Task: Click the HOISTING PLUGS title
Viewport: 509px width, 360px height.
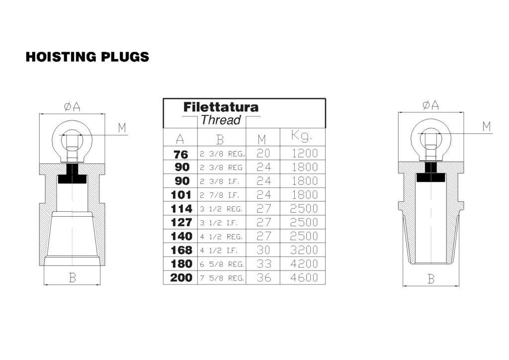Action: (x=87, y=57)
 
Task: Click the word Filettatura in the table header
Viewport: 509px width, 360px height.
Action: (x=221, y=107)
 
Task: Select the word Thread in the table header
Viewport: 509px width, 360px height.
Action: (x=221, y=120)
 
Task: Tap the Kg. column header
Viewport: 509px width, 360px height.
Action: (x=302, y=136)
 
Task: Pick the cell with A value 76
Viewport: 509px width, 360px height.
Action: (x=180, y=154)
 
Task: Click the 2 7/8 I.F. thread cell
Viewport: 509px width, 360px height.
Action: (x=221, y=195)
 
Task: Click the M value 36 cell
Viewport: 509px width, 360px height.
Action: (x=263, y=277)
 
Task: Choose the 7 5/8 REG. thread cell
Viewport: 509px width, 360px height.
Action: (x=222, y=278)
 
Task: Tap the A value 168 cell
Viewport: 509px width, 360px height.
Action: (x=180, y=250)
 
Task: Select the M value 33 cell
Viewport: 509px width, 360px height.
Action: (x=263, y=264)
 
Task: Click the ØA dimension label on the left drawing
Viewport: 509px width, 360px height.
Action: (x=72, y=106)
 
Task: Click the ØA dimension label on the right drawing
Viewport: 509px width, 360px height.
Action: (x=430, y=105)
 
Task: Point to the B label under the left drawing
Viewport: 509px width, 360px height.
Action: (x=72, y=278)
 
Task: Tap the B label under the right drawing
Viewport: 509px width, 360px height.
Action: (x=430, y=279)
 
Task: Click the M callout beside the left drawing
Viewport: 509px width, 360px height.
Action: (x=122, y=128)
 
